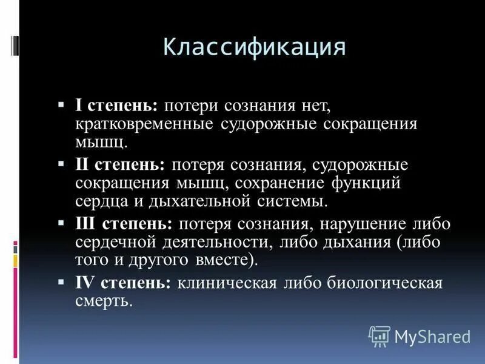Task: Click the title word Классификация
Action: coord(255,47)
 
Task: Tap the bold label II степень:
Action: coord(120,165)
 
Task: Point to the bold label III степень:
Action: coord(124,224)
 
